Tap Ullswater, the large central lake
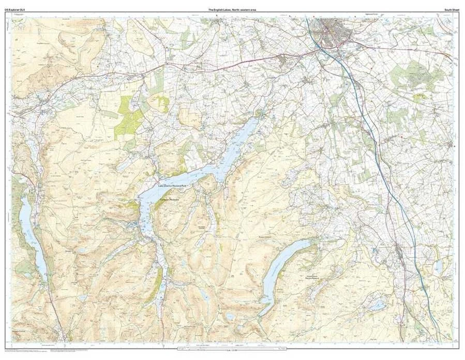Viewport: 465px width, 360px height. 228,150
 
